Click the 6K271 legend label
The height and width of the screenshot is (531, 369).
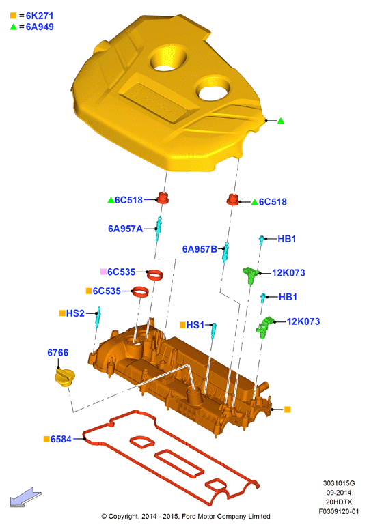(x=40, y=16)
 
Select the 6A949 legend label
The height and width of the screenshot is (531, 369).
(x=40, y=27)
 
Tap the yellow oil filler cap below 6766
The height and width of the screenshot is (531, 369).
(x=65, y=377)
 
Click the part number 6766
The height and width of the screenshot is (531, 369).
(x=57, y=353)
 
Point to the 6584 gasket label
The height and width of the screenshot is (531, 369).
(x=61, y=440)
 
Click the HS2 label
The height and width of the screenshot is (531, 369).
(x=75, y=313)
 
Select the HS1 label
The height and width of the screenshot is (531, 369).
(x=195, y=325)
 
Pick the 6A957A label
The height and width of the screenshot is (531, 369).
(x=125, y=229)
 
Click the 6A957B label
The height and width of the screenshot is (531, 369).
(x=200, y=249)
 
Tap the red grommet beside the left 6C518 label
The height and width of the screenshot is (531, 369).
(x=163, y=198)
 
